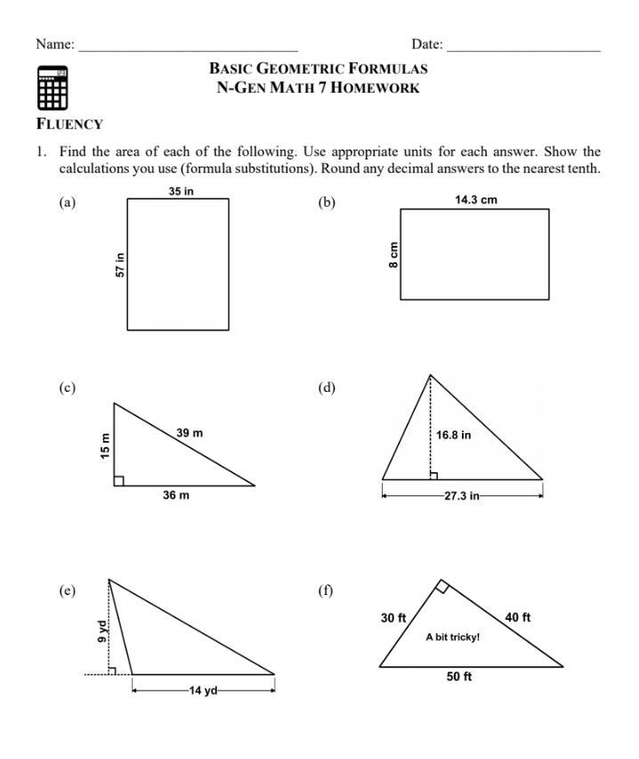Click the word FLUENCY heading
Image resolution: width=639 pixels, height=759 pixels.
pos(69,125)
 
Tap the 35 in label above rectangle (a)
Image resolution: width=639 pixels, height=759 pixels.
pos(181,191)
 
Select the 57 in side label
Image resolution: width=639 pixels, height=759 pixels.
pos(120,265)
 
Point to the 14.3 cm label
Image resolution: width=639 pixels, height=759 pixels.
pos(476,200)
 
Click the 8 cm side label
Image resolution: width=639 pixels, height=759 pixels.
pos(393,254)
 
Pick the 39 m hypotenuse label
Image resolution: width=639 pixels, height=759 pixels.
pos(190,433)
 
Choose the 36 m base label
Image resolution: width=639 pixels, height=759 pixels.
pos(175,495)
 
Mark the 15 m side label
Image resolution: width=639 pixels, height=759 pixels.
pos(105,445)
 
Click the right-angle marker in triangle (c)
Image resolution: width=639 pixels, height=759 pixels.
pos(119,481)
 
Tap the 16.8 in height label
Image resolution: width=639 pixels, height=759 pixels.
pos(454,436)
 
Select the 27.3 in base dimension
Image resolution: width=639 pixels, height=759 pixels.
pos(462,495)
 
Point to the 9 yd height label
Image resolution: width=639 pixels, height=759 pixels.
pos(101,631)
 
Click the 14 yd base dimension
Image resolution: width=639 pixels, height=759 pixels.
pos(203,691)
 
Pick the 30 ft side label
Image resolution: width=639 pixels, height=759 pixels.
pos(393,617)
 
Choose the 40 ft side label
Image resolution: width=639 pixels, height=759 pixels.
pos(518,617)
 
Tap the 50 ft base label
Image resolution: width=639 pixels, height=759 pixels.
pos(459,677)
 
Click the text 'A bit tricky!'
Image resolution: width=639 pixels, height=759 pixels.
pos(453,637)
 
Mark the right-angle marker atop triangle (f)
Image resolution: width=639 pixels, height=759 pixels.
pos(441,587)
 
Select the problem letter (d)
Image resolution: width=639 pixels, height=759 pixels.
pos(327,388)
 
